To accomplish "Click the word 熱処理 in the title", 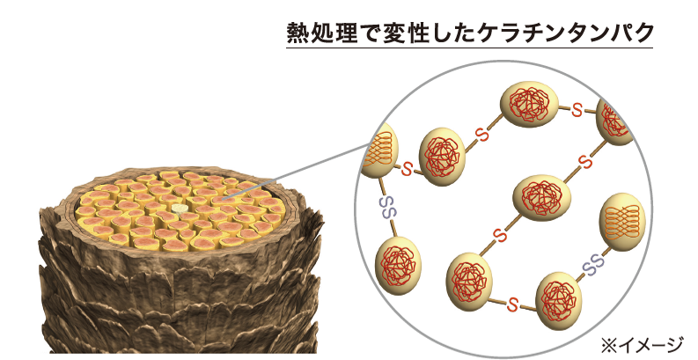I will coord(319,33).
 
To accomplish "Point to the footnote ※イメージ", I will coord(641,341).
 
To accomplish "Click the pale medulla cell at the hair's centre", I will coord(180,209).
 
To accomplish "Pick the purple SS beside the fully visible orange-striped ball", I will coord(591,261).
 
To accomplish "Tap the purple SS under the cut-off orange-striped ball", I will coord(387,208).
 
